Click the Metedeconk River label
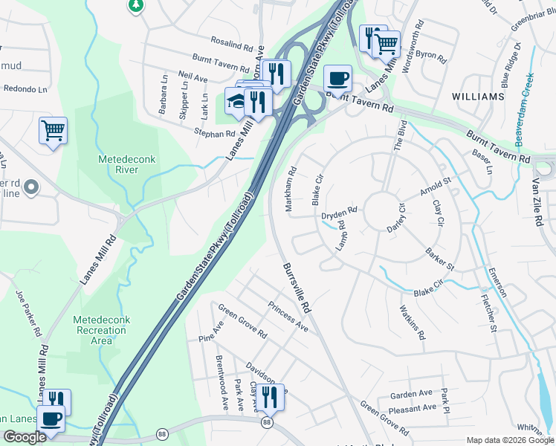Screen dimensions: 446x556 point(118,164)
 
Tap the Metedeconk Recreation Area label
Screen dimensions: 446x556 point(101,330)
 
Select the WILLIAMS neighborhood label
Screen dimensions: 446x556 point(477,97)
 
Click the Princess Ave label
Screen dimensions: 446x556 point(288,317)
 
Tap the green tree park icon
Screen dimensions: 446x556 point(135,6)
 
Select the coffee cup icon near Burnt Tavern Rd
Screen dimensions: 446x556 point(337,77)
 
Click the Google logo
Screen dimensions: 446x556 point(25,437)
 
